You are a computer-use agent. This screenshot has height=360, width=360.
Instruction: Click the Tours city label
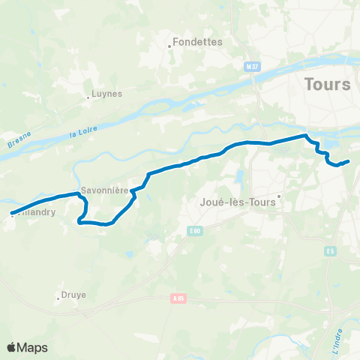[328, 84]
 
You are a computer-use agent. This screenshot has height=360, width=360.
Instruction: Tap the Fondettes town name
[199, 42]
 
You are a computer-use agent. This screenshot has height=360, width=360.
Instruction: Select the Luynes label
[106, 94]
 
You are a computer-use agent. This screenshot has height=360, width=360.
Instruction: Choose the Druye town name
[74, 295]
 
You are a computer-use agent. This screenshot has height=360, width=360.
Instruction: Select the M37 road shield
[251, 67]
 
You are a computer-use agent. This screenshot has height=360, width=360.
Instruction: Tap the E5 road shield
[331, 250]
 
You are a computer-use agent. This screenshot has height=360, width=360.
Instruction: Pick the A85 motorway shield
[178, 298]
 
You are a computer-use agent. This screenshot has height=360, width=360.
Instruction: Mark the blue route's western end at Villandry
[12, 214]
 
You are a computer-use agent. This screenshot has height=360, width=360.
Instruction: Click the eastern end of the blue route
[349, 161]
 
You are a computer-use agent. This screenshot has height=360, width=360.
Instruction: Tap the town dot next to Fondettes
[170, 46]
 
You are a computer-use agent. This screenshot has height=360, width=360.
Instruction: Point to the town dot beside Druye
[58, 298]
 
